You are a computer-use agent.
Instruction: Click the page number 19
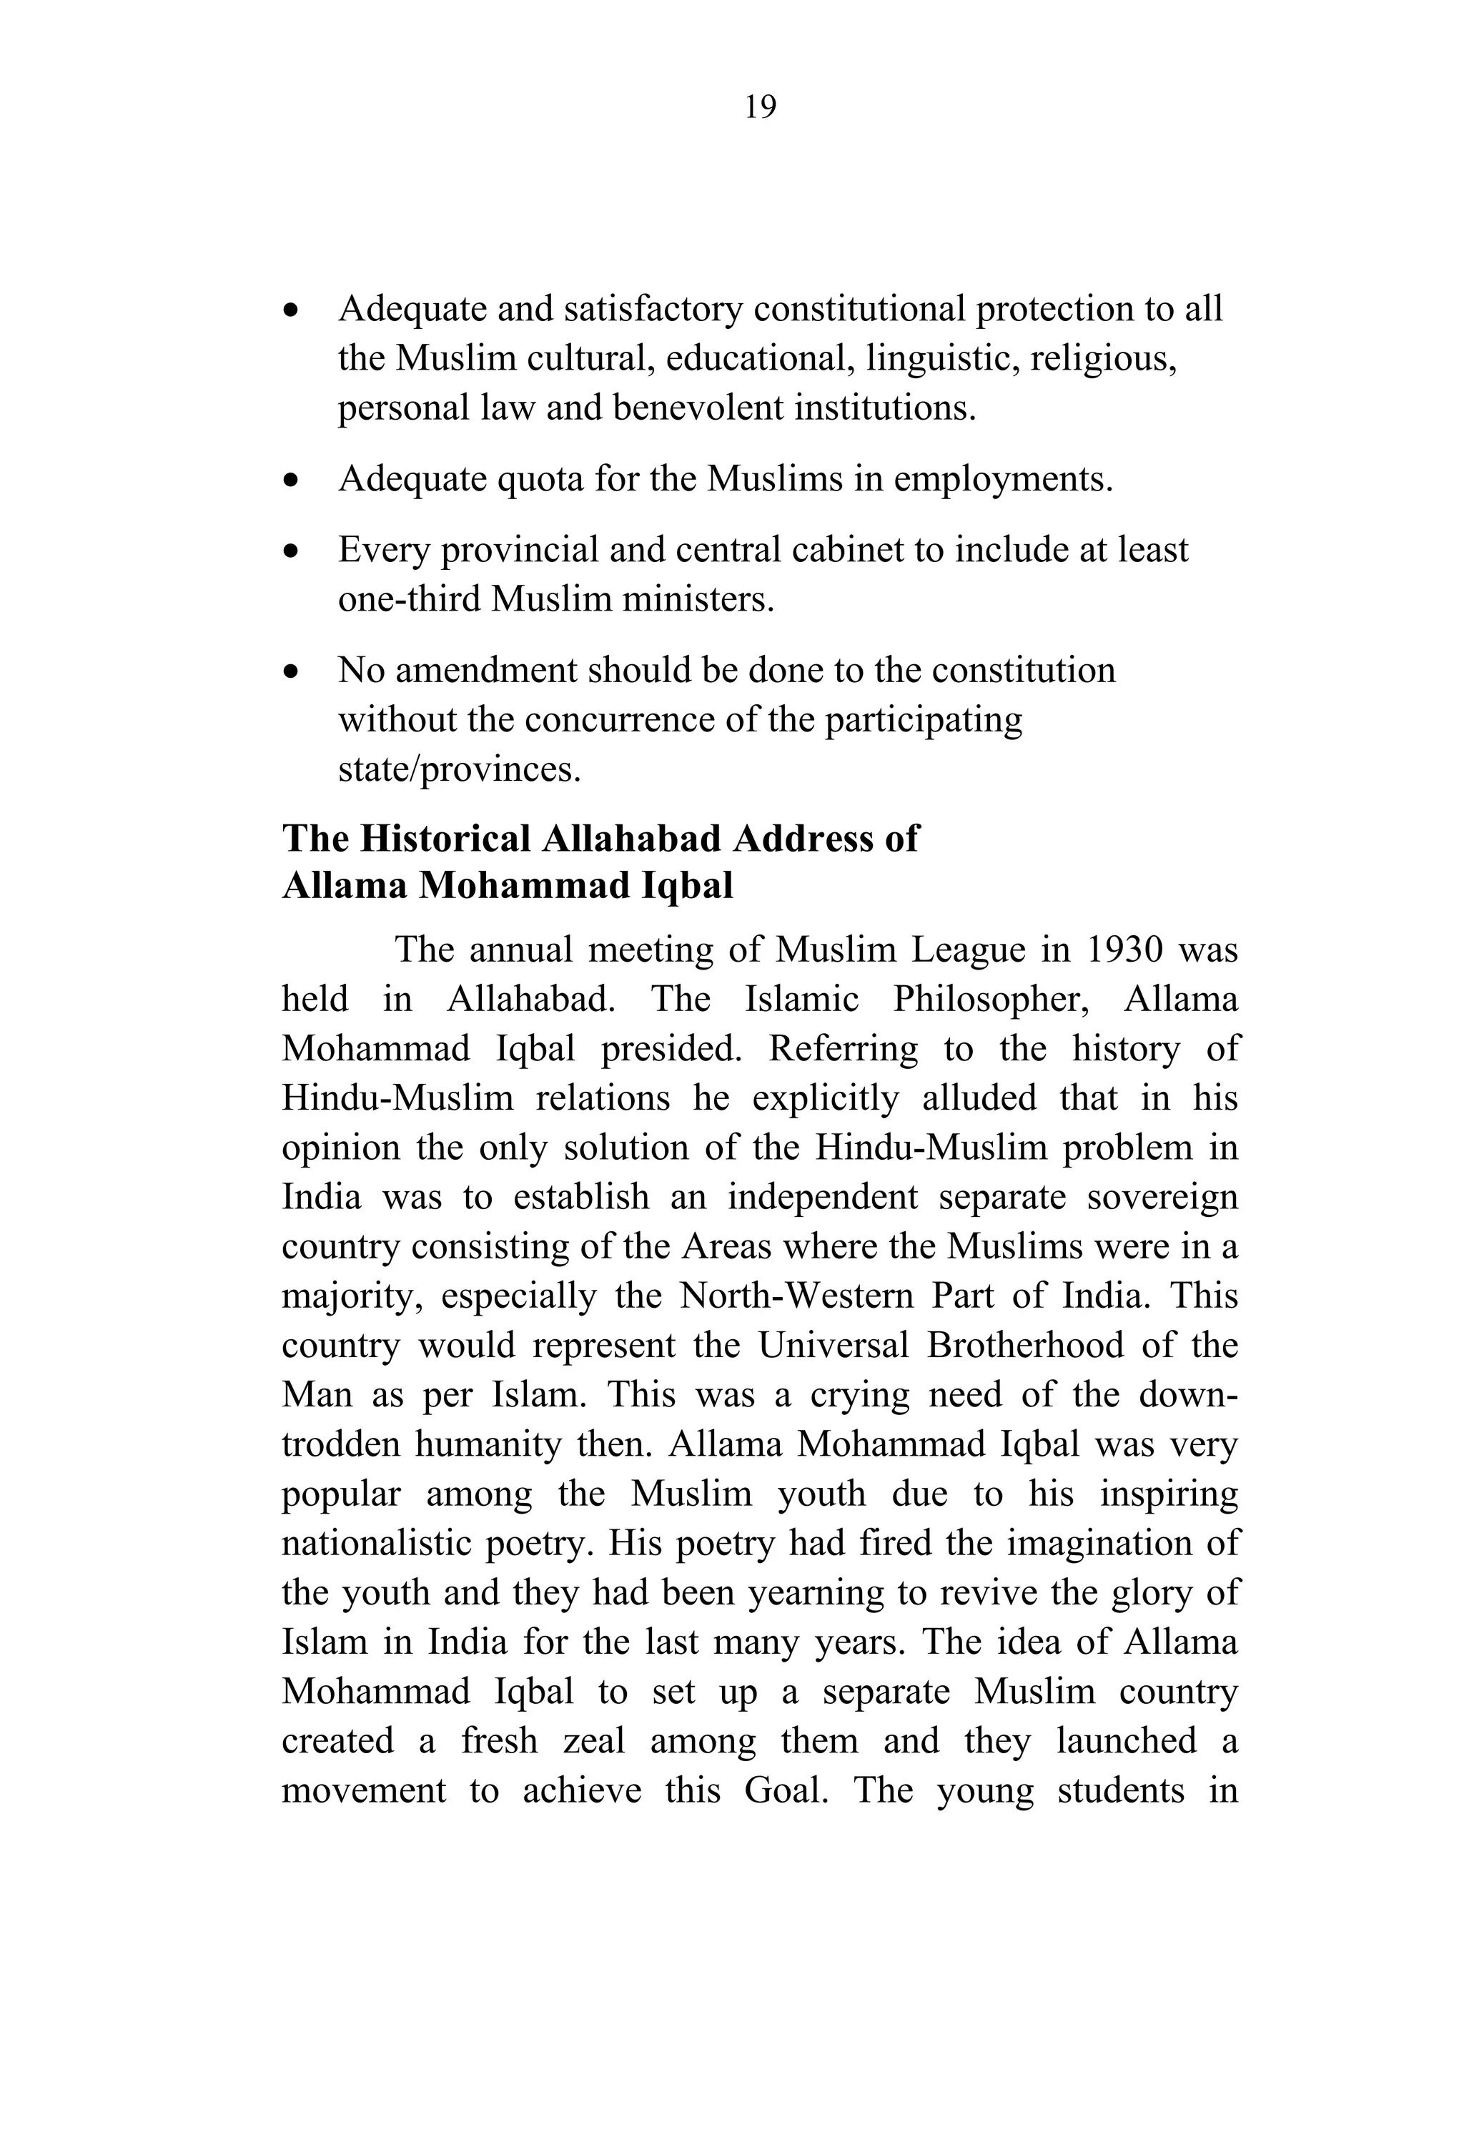point(760,108)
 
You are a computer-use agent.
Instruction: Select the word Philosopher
point(991,999)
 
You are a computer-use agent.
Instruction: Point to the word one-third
point(410,599)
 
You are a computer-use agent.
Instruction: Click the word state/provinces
point(460,769)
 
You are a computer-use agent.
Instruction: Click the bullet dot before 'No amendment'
point(292,672)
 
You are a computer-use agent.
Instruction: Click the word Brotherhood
point(1025,1346)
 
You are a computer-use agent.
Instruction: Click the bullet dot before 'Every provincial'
point(292,551)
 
